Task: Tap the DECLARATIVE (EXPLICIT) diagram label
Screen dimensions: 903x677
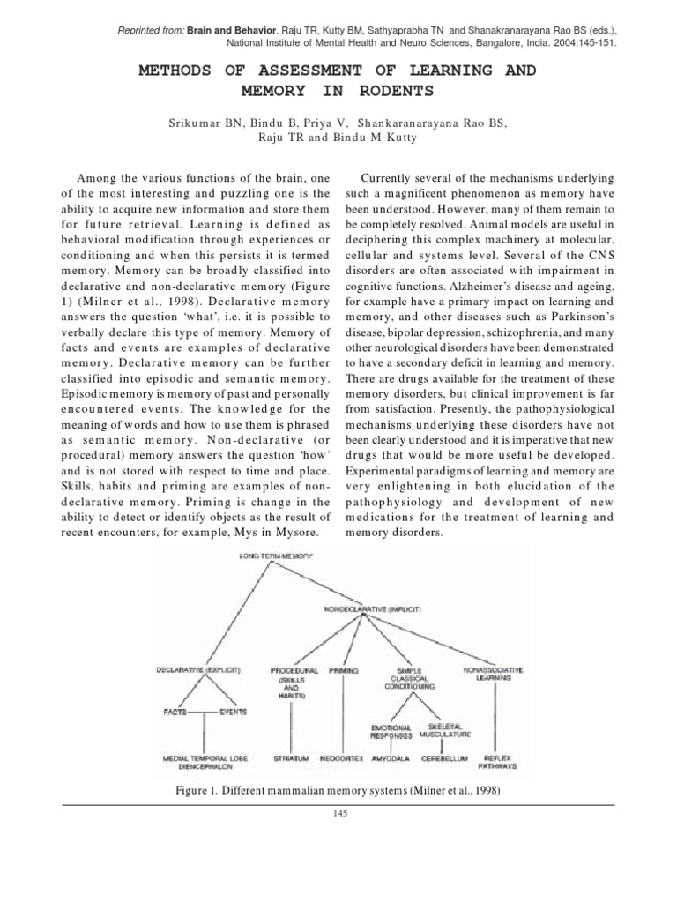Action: tap(198, 670)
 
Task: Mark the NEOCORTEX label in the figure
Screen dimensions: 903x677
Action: tap(343, 757)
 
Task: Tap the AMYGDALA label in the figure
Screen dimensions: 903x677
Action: tap(391, 757)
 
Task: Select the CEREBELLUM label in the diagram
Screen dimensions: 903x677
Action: tap(444, 757)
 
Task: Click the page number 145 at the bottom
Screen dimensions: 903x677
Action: tap(338, 814)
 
